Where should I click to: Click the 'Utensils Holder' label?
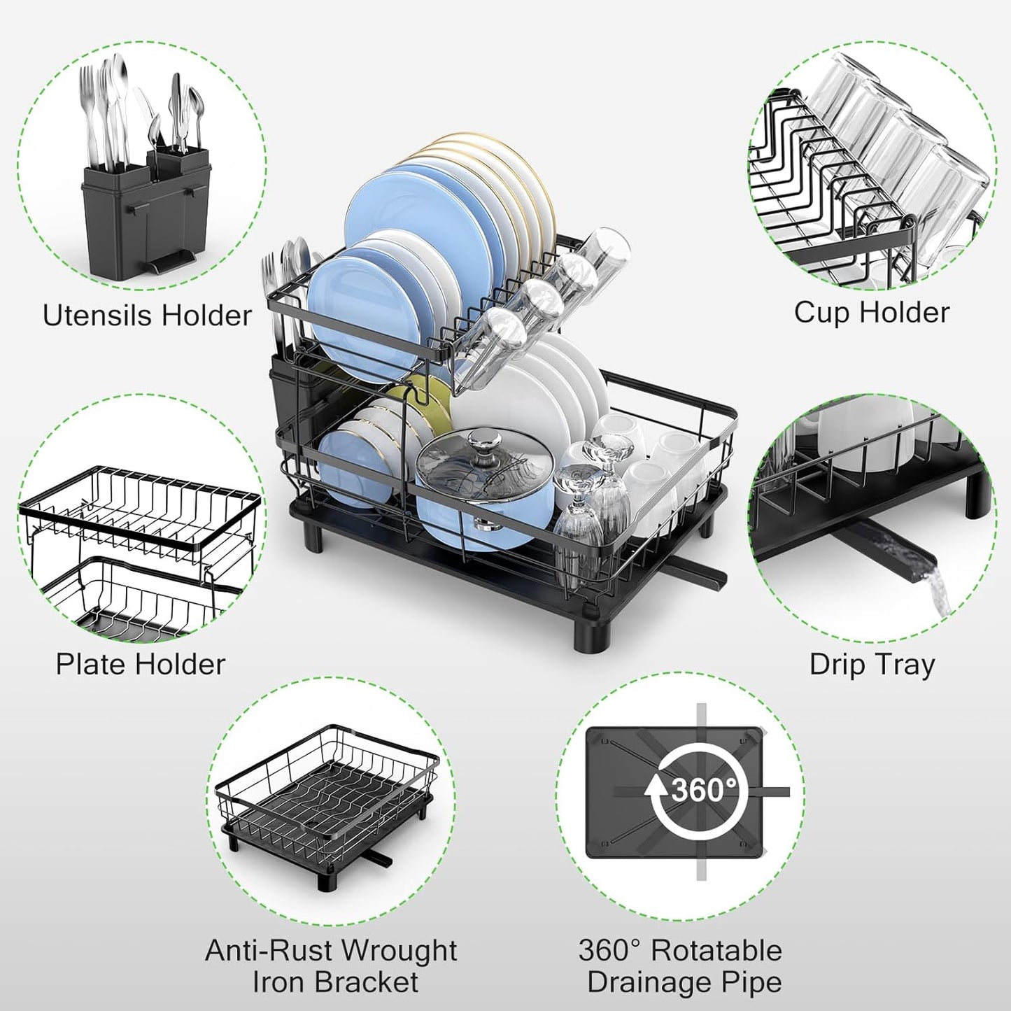(147, 316)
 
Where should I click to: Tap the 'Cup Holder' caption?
(872, 312)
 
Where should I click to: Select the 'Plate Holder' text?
(141, 664)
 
